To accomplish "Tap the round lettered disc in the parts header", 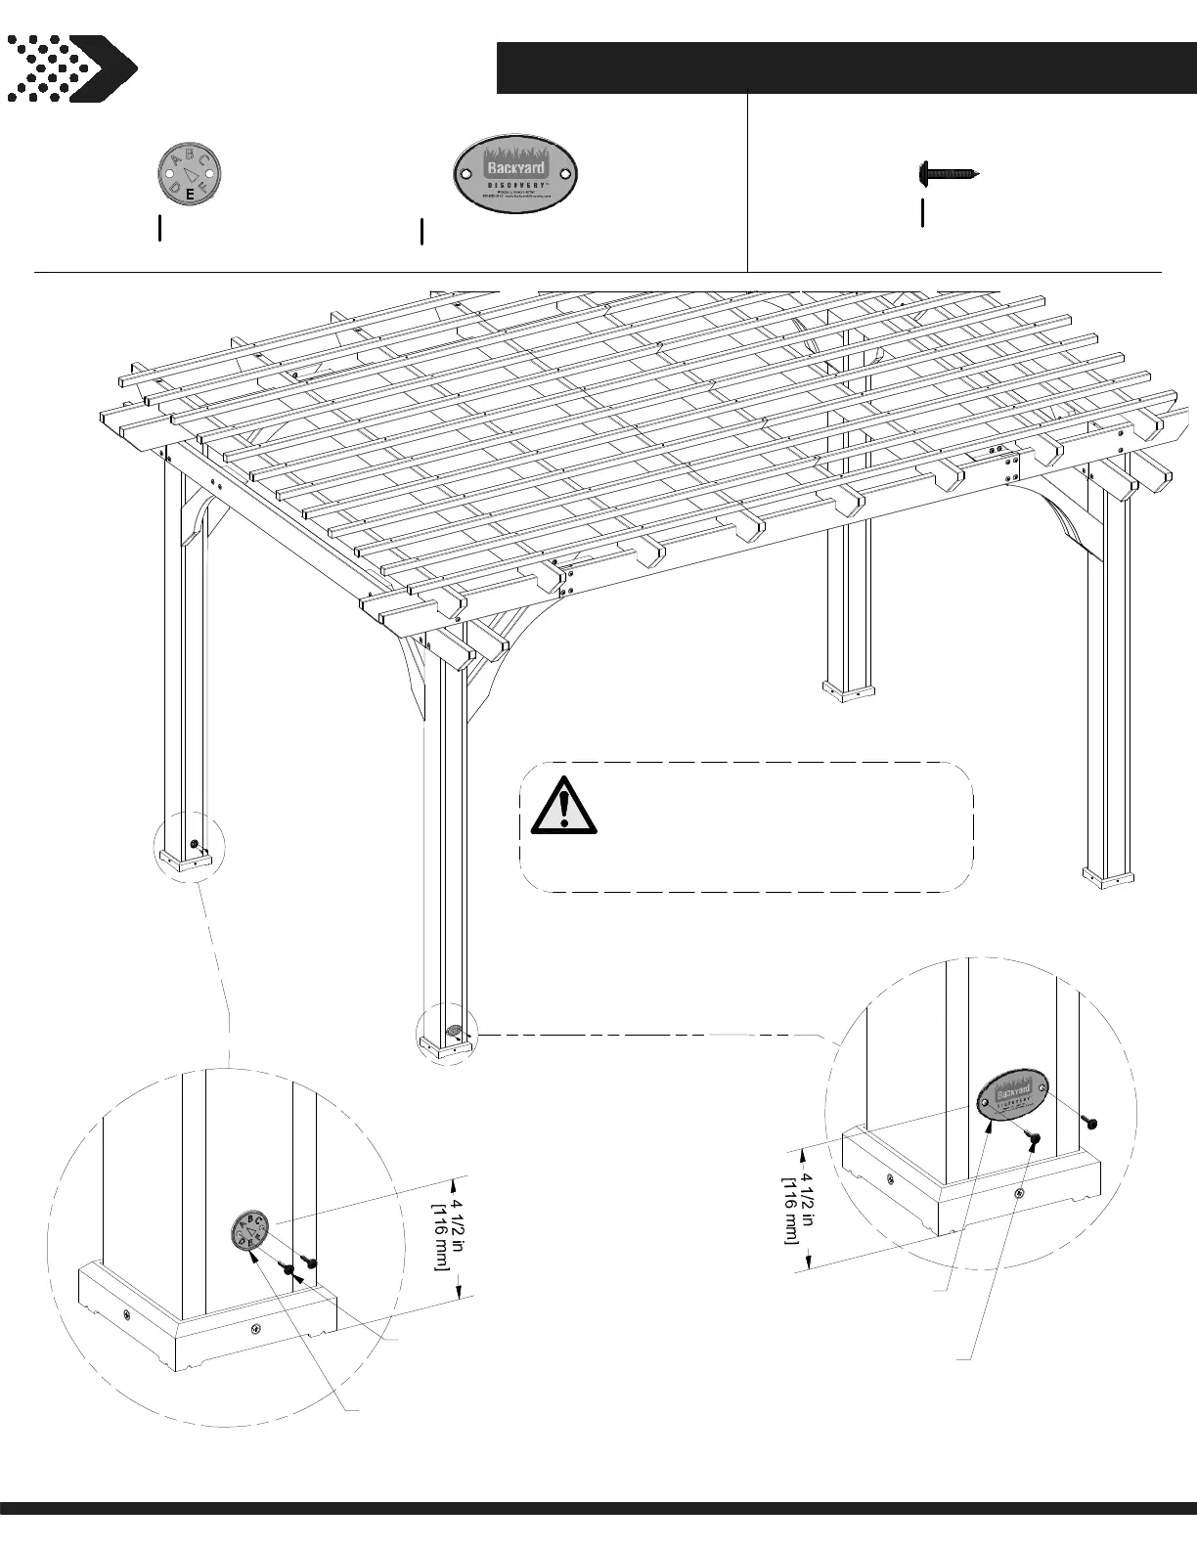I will tap(190, 175).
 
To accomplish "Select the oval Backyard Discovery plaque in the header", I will tap(517, 175).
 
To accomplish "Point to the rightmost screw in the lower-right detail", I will tap(1091, 1123).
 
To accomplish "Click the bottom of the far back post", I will tap(848, 689).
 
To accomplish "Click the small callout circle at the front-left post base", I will tap(190, 847).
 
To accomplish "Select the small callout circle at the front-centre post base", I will tap(448, 1035).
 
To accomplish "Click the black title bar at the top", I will tap(845, 68).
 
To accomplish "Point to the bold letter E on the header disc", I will tap(189, 196).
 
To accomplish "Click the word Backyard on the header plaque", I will tap(516, 166).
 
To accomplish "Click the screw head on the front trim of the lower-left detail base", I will tap(255, 1328).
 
